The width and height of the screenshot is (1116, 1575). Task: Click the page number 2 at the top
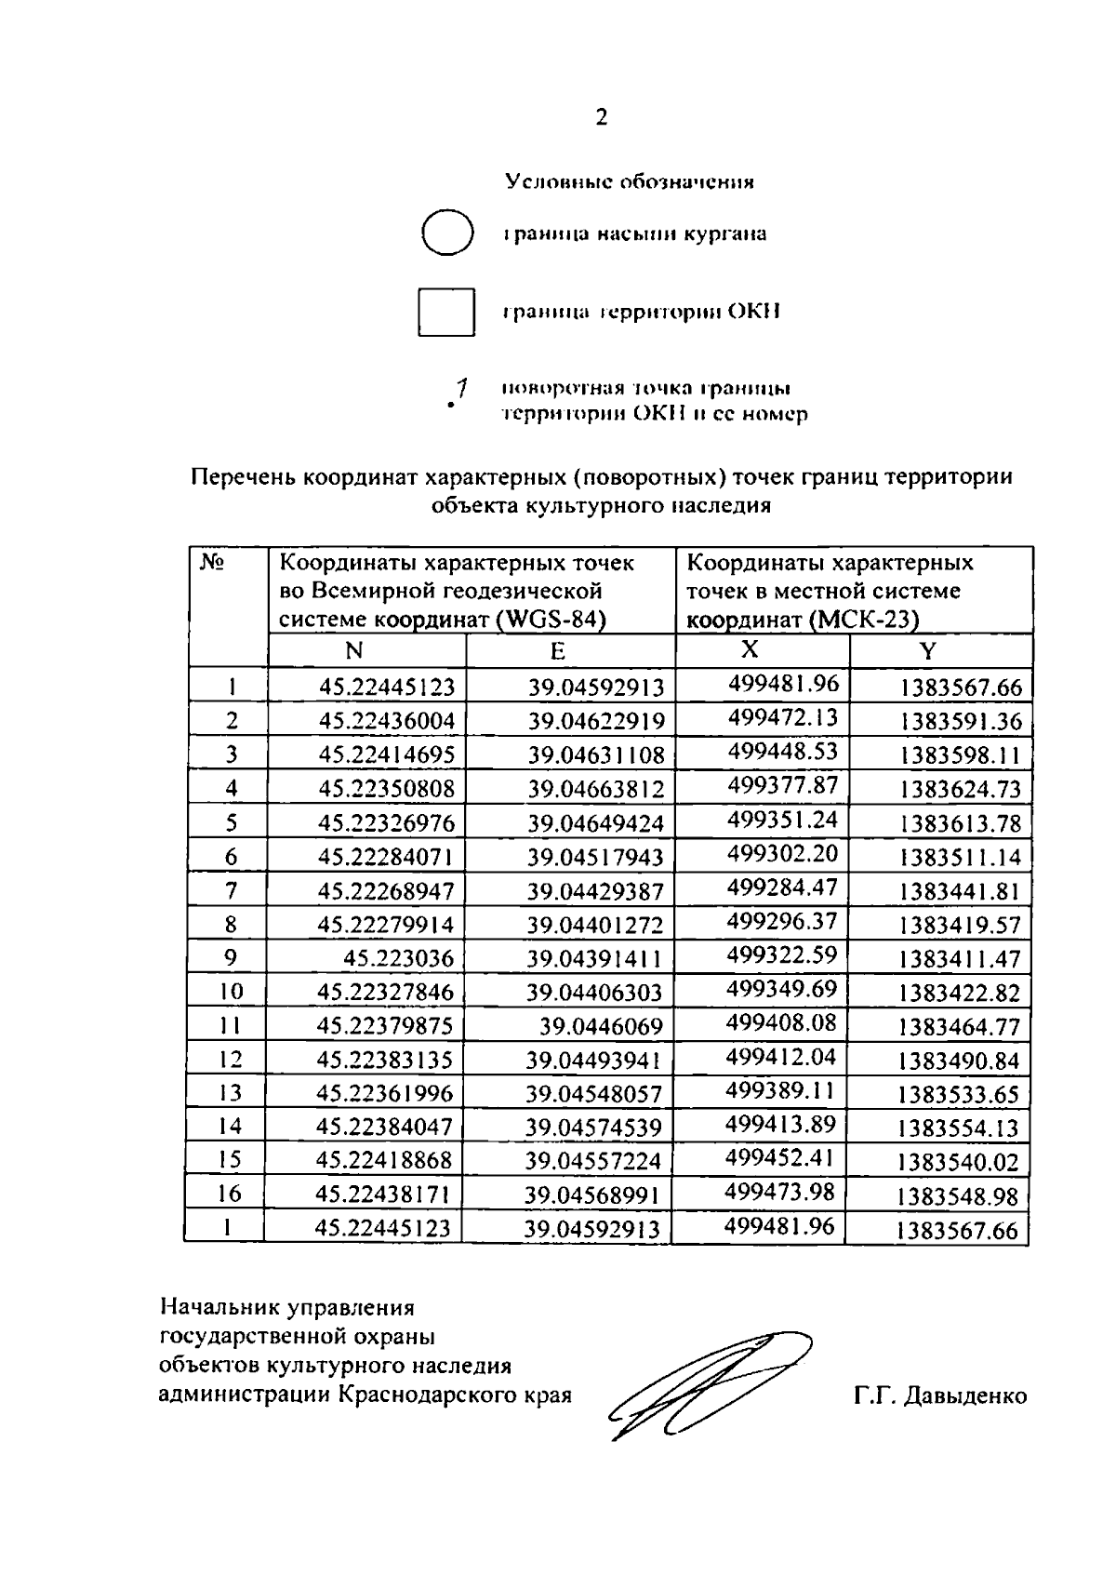coord(600,118)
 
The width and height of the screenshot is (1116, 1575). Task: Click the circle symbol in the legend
coord(447,233)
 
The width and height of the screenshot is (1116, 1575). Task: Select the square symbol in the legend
coord(446,312)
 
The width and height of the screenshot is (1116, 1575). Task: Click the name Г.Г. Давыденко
coord(940,1395)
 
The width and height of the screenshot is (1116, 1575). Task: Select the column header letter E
coord(557,651)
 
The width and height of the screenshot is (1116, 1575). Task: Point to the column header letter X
coord(750,649)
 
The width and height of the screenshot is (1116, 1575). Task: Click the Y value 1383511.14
coord(960,857)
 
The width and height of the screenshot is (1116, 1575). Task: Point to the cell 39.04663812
coord(596,790)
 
